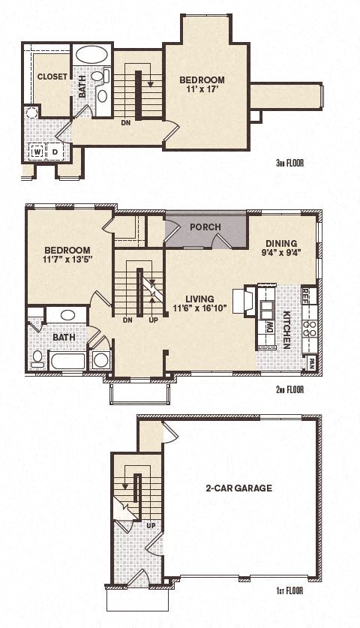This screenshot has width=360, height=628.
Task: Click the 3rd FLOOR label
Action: pyautogui.click(x=289, y=162)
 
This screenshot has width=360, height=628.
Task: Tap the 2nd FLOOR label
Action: pyautogui.click(x=289, y=390)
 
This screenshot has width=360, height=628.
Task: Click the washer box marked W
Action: pyautogui.click(x=37, y=152)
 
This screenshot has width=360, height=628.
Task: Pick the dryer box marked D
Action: pyautogui.click(x=55, y=152)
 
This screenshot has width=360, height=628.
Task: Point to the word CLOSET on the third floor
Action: pyautogui.click(x=52, y=77)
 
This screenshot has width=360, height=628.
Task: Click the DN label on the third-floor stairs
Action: pyautogui.click(x=127, y=123)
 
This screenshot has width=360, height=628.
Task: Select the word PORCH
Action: pyautogui.click(x=205, y=227)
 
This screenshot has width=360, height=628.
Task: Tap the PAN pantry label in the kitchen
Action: pyautogui.click(x=311, y=362)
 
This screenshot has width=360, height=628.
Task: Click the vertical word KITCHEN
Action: pyautogui.click(x=287, y=331)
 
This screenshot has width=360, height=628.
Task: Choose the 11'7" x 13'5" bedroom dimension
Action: pyautogui.click(x=67, y=261)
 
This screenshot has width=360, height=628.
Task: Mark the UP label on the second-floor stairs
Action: pyautogui.click(x=154, y=320)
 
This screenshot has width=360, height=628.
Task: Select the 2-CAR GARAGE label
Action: pyautogui.click(x=238, y=488)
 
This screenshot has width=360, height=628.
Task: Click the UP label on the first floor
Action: pyautogui.click(x=150, y=526)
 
